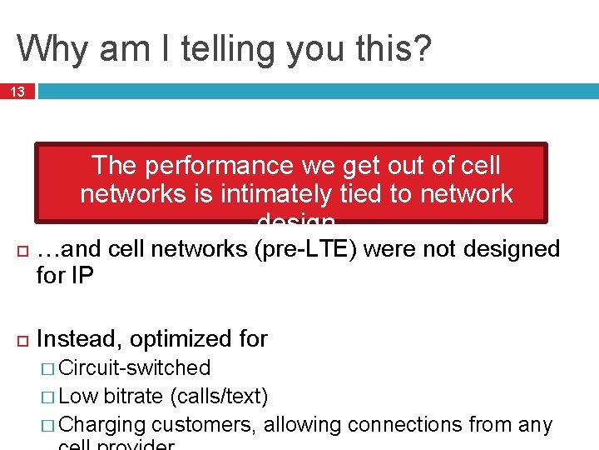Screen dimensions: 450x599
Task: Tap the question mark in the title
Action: coord(422,48)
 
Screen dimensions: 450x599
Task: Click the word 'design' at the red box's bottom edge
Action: coord(296,220)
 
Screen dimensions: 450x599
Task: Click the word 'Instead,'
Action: coord(80,339)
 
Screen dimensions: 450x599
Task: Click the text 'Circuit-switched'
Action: coord(136,367)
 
